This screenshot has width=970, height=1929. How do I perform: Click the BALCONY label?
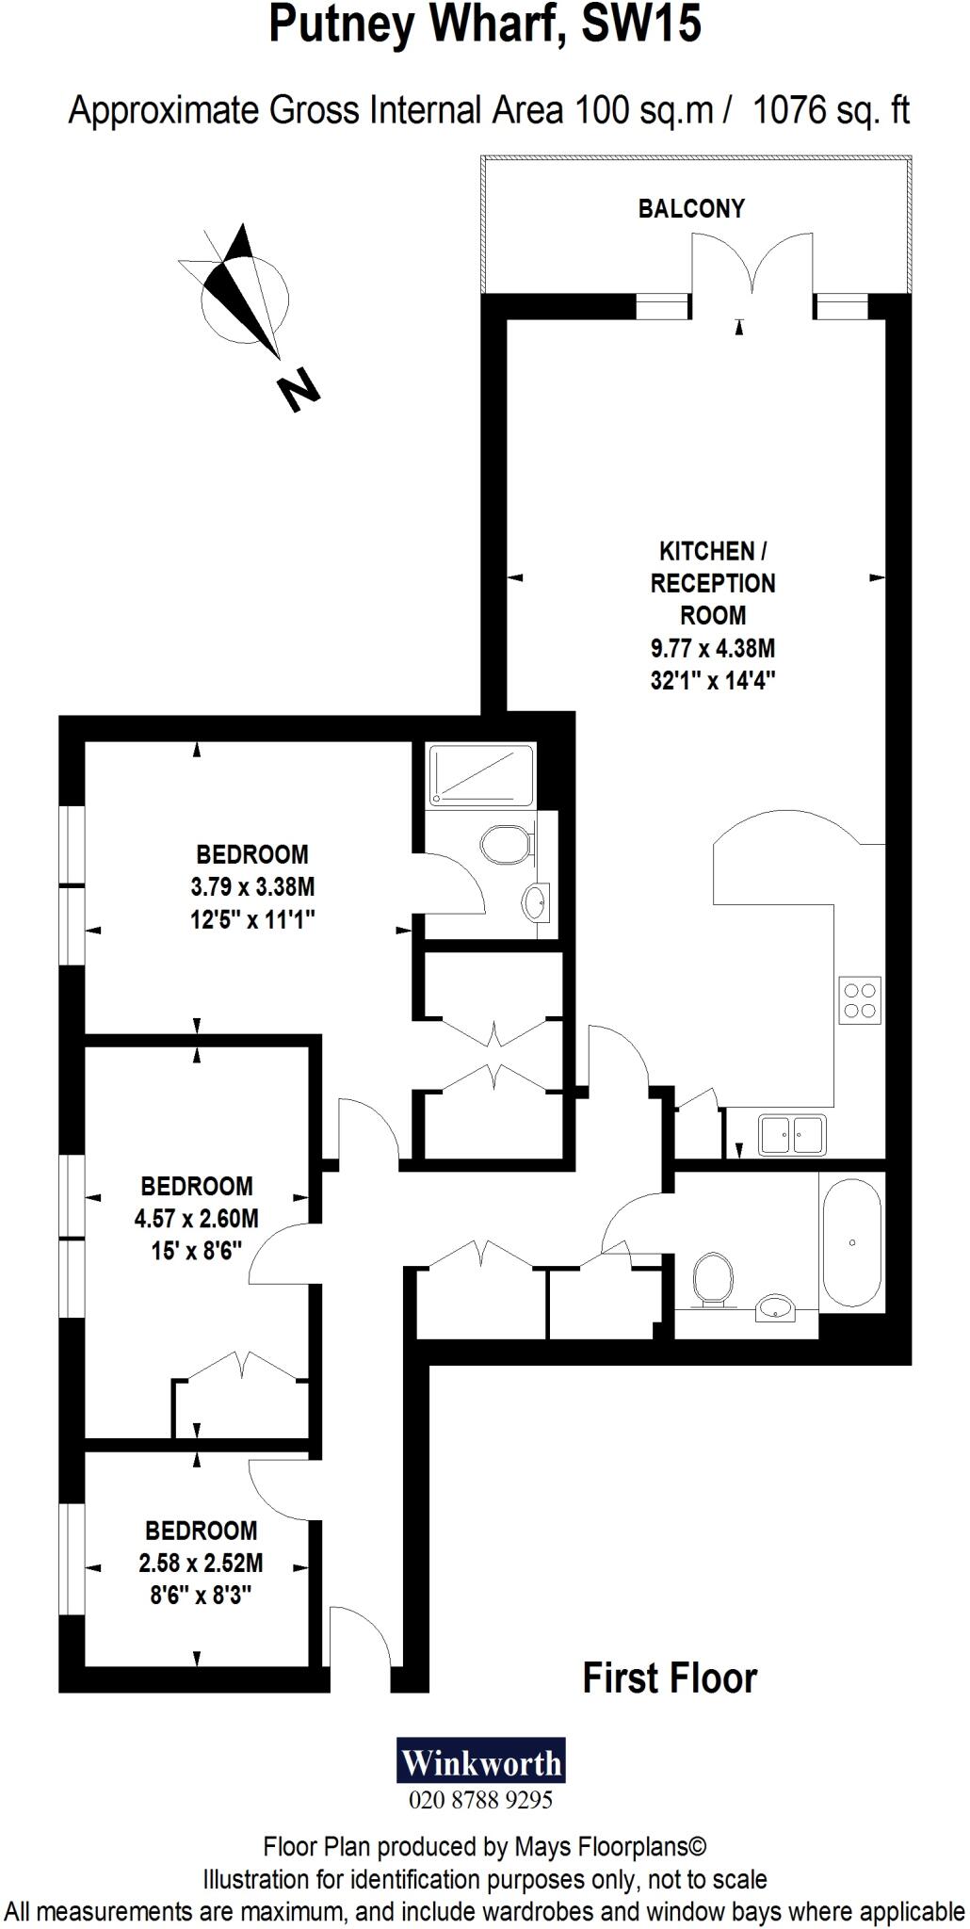pyautogui.click(x=691, y=208)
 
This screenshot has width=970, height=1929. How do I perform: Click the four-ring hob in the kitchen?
pyautogui.click(x=860, y=1000)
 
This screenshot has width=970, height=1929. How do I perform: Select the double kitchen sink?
pyautogui.click(x=792, y=1134)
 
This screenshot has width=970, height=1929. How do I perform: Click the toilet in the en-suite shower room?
pyautogui.click(x=504, y=845)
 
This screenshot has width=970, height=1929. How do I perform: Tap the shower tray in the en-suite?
pyautogui.click(x=479, y=774)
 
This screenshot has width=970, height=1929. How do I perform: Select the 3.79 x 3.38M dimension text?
pyautogui.click(x=251, y=887)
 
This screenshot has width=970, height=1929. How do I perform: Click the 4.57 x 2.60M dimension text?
pyautogui.click(x=196, y=1219)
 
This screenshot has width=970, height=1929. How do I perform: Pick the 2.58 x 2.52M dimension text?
pyautogui.click(x=201, y=1564)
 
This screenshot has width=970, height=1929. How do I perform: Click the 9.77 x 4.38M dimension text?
pyautogui.click(x=713, y=648)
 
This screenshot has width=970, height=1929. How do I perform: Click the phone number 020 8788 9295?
pyautogui.click(x=480, y=1800)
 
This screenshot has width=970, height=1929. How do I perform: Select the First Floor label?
pyautogui.click(x=669, y=1678)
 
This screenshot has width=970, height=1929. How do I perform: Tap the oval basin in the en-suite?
pyautogui.click(x=535, y=902)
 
